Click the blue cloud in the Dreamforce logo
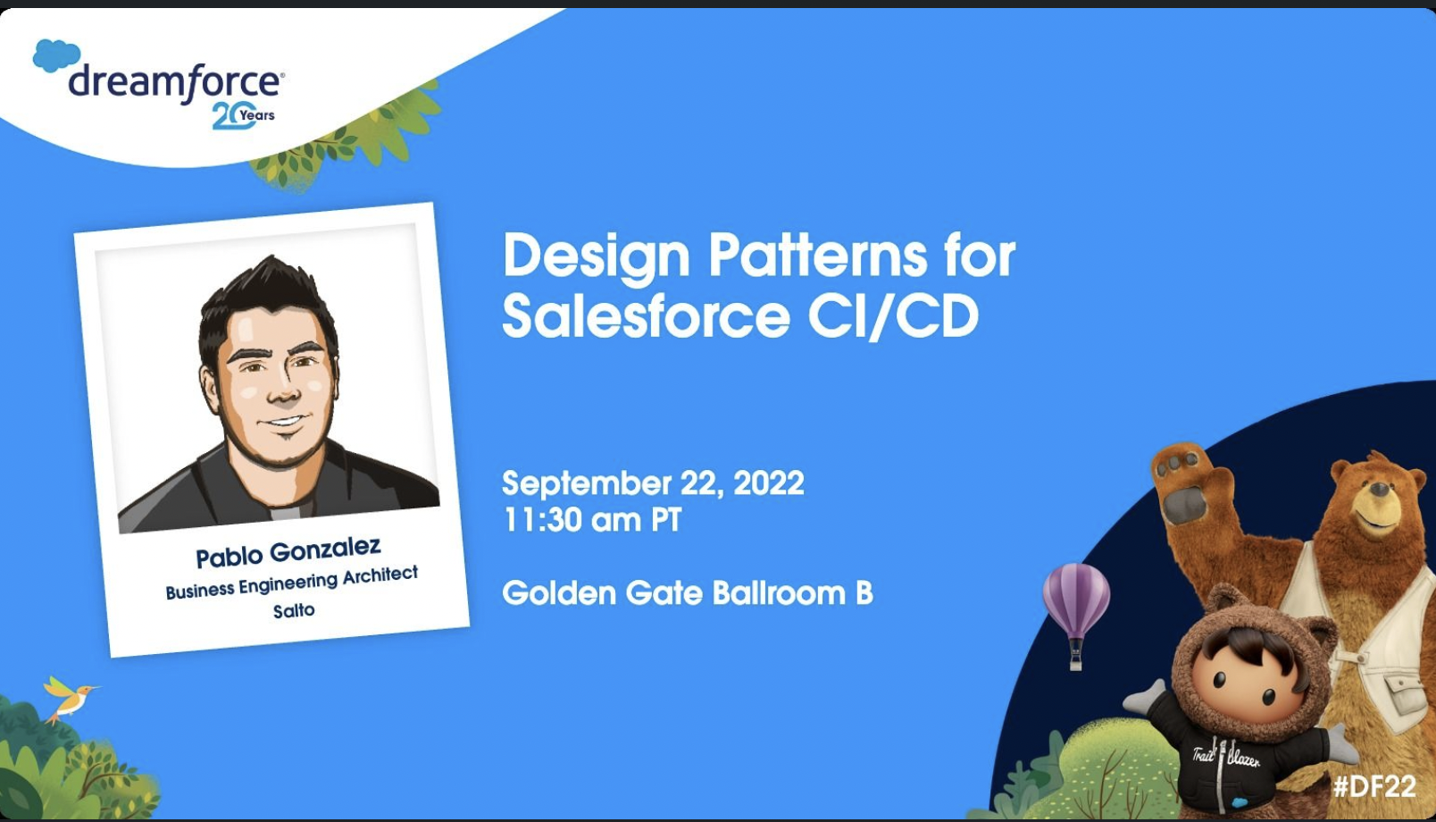click(x=56, y=55)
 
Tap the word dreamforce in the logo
click(x=174, y=82)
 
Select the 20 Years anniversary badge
click(x=243, y=115)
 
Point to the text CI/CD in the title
click(x=893, y=316)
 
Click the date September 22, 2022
click(x=653, y=482)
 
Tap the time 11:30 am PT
click(x=592, y=519)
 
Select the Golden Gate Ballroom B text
click(x=688, y=592)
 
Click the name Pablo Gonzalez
click(x=288, y=553)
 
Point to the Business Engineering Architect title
click(x=292, y=583)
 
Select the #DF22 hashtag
click(x=1374, y=786)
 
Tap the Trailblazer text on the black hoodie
click(x=1226, y=758)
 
